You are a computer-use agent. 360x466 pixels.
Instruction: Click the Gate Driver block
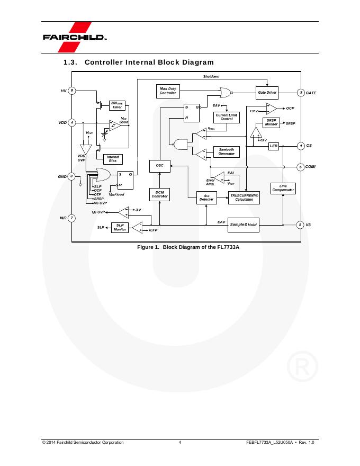[267, 92]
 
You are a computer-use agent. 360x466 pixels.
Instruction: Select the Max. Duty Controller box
[168, 91]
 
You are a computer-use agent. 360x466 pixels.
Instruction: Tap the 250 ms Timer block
[117, 105]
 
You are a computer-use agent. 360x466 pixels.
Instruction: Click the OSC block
[159, 166]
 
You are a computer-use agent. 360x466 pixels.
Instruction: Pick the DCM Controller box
[159, 194]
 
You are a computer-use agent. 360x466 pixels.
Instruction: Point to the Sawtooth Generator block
[227, 151]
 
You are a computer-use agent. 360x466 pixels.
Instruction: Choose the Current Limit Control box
[227, 116]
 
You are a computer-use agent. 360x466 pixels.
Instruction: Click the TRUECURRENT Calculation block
[244, 198]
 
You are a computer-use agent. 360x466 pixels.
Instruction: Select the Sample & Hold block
[244, 225]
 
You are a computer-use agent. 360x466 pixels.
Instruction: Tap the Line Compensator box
[283, 188]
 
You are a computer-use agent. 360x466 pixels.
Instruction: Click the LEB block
[274, 145]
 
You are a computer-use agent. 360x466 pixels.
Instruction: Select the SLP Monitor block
[120, 227]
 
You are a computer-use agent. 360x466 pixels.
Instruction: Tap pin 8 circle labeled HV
[72, 91]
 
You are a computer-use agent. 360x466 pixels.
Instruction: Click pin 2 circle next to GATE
[301, 93]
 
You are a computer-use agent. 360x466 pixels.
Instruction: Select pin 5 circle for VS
[300, 225]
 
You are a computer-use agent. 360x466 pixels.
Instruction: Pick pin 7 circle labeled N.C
[72, 218]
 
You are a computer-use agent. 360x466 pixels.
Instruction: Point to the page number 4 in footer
[180, 442]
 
